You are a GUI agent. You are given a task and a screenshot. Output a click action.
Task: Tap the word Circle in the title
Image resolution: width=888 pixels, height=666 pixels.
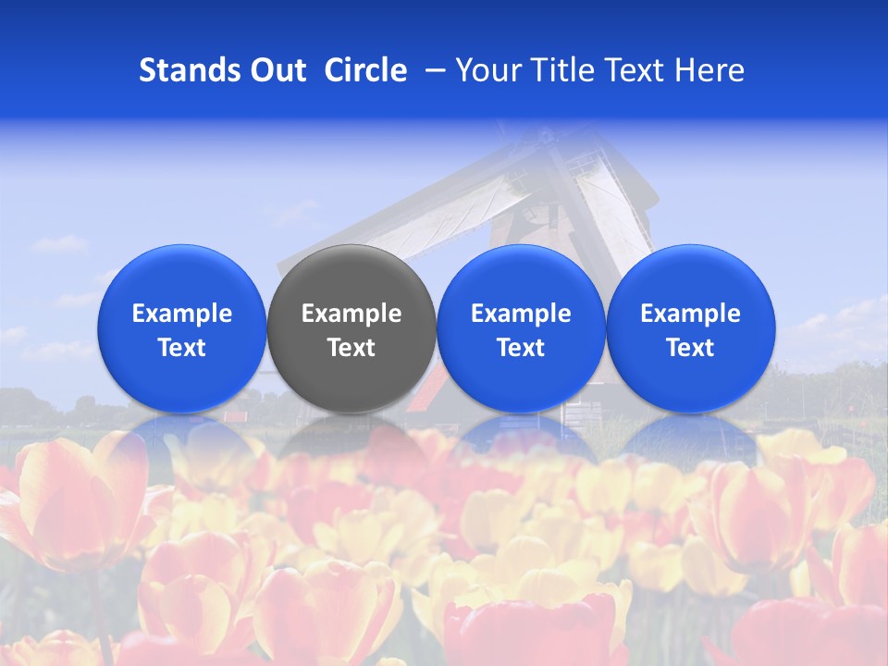point(365,70)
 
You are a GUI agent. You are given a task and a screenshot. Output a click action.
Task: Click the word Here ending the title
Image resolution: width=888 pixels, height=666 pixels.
point(709,70)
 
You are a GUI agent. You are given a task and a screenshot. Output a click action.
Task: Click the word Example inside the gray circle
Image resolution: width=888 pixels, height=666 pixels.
point(351,314)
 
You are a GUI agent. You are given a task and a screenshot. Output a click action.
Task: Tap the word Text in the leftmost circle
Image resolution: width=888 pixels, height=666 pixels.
point(182,348)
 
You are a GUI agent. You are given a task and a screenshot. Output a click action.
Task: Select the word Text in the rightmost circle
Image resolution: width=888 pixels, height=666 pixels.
point(691,348)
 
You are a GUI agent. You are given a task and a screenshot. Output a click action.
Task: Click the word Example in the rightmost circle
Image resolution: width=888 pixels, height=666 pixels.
point(691,314)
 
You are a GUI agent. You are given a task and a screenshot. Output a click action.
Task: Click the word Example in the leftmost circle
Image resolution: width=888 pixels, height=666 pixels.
point(182,314)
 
